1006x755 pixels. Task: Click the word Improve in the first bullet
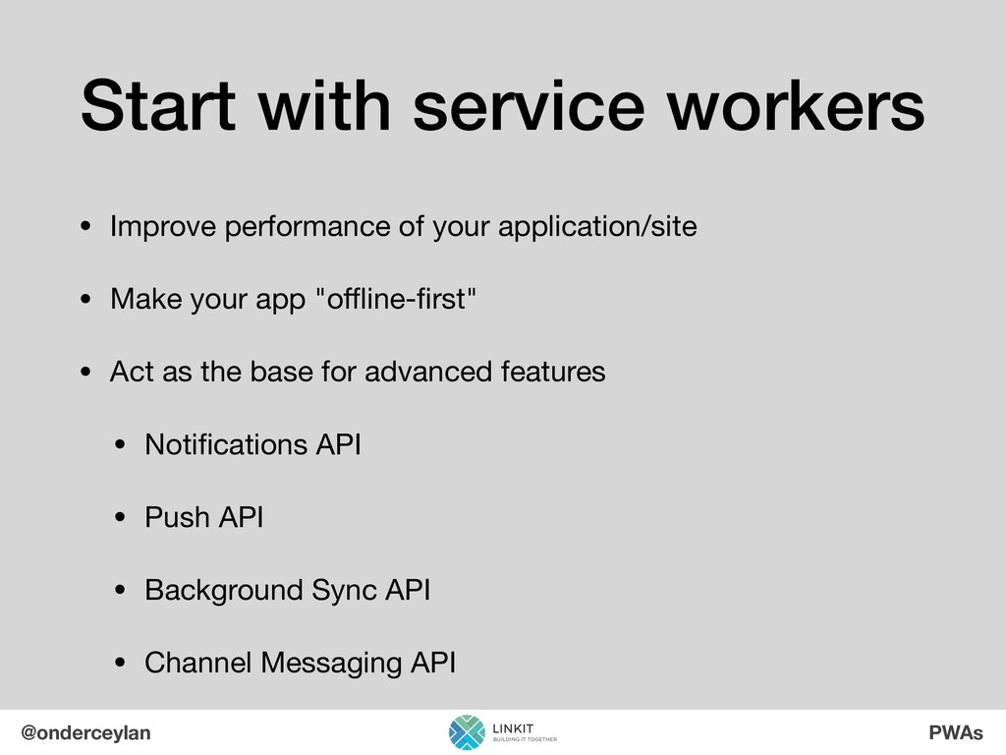(x=163, y=227)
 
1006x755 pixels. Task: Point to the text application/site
(x=597, y=227)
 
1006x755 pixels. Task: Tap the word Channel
(x=197, y=663)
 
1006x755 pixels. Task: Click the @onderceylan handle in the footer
(x=86, y=733)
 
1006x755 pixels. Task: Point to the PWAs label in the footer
(x=956, y=732)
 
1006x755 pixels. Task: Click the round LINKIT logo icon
(x=467, y=732)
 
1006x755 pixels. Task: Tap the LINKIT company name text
(x=513, y=728)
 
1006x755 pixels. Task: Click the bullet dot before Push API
(x=120, y=517)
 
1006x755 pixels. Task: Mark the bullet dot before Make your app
(x=85, y=299)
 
